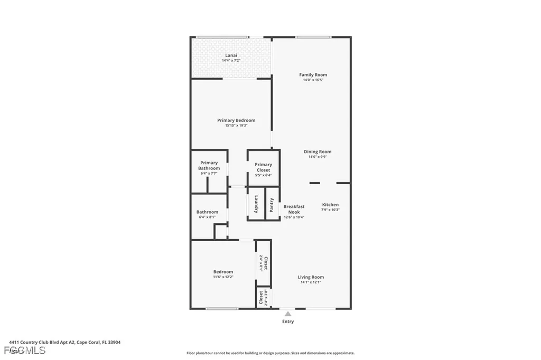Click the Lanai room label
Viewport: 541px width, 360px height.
pos(231,55)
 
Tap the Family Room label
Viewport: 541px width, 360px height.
pos(313,75)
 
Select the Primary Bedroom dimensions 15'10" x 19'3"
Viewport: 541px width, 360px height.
pos(236,126)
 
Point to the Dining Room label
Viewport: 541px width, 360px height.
pos(318,151)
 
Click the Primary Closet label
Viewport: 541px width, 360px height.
pos(263,167)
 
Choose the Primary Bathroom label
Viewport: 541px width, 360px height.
pos(209,165)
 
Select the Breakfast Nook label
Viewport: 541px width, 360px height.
pos(294,209)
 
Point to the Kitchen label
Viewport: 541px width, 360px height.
pos(330,205)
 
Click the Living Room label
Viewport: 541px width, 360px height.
pos(311,277)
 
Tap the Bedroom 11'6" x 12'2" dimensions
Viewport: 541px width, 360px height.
pos(223,277)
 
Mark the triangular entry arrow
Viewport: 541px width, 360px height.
pos(288,314)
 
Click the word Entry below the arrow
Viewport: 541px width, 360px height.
pos(288,321)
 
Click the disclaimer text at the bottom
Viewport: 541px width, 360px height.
pos(270,353)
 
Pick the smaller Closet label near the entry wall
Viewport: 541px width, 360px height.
pos(261,298)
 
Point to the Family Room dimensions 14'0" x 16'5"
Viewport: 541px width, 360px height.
pos(313,80)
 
